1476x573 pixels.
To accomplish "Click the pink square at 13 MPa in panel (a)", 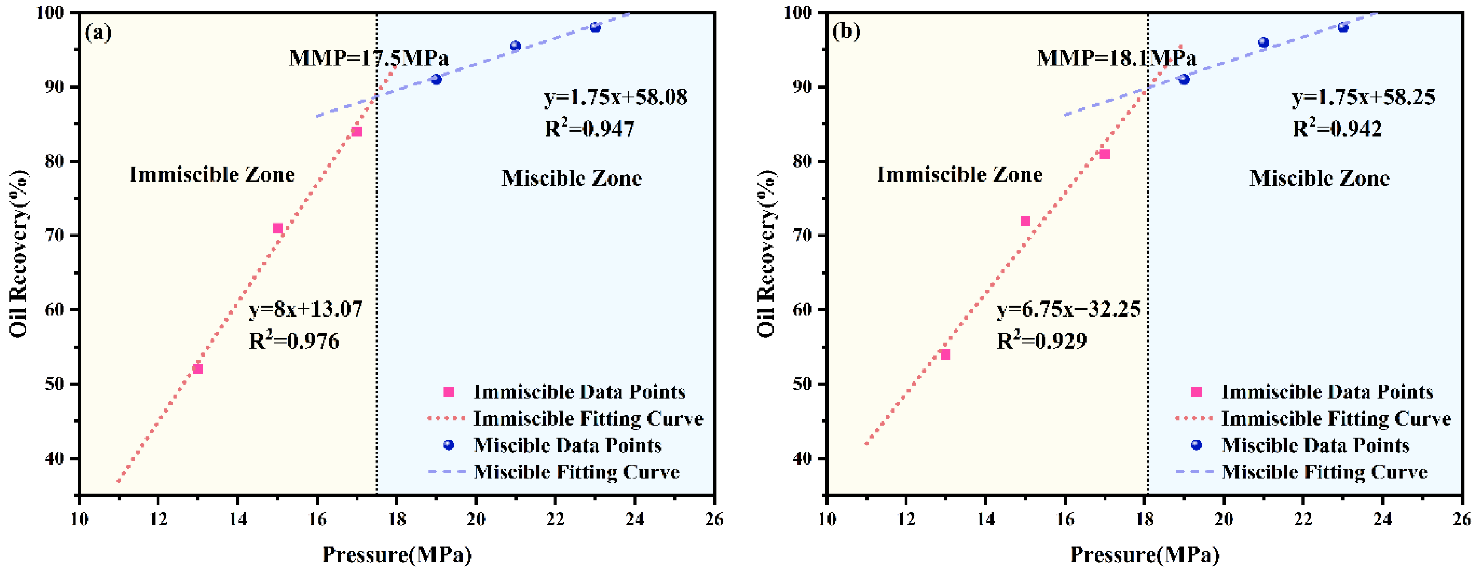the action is [x=198, y=369].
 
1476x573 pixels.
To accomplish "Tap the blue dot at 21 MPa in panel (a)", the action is [x=516, y=46].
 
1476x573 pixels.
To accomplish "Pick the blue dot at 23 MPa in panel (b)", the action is [x=1343, y=28].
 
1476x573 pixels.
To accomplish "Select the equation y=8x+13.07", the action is [x=305, y=309].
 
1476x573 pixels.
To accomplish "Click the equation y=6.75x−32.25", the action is [x=1068, y=309].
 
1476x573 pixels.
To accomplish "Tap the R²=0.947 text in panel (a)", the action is [x=589, y=128].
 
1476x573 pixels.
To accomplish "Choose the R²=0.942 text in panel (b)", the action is [x=1337, y=128].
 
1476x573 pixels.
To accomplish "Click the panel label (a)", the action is [x=98, y=33].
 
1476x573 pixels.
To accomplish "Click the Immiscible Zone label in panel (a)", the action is [x=212, y=174].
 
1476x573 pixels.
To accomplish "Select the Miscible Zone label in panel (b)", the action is [x=1319, y=178].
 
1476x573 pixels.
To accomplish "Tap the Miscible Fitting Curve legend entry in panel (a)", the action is [x=554, y=472].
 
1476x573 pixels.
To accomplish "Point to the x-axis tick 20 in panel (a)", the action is [x=476, y=520].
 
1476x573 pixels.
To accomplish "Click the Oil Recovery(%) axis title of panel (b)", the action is [x=766, y=253].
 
